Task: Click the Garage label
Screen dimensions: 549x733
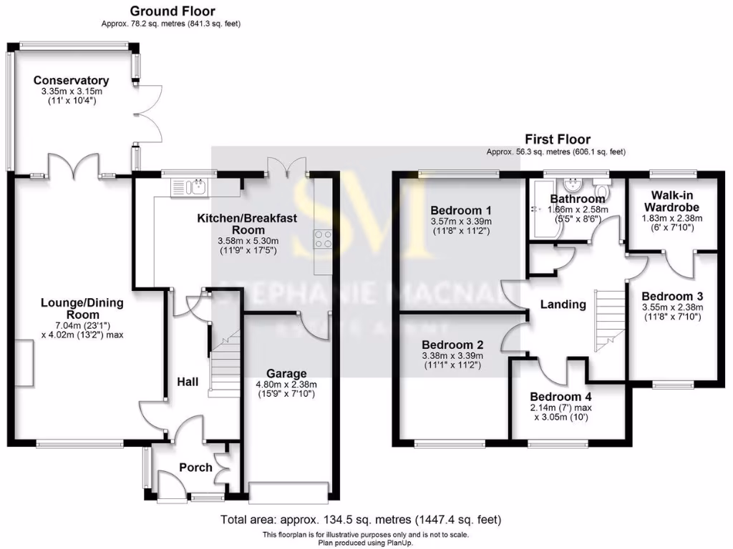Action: pyautogui.click(x=286, y=373)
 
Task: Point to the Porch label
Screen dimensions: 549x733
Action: pyautogui.click(x=195, y=468)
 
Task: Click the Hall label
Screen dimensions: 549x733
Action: pyautogui.click(x=188, y=383)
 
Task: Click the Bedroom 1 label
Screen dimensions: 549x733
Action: pyautogui.click(x=461, y=210)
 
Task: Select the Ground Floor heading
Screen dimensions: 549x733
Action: pyautogui.click(x=172, y=11)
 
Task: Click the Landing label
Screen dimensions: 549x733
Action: pyautogui.click(x=563, y=305)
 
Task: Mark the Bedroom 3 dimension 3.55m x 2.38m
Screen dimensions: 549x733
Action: pyautogui.click(x=673, y=308)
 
